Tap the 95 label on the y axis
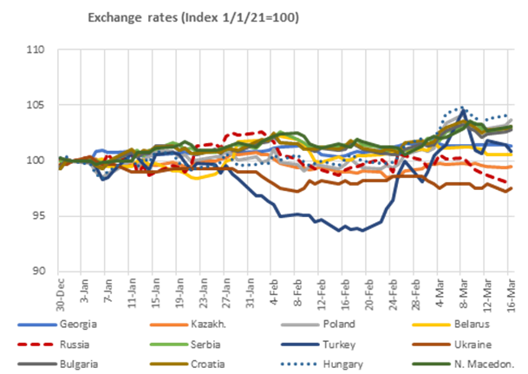click(x=38, y=215)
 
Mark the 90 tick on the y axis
click(x=38, y=271)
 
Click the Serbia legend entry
click(x=208, y=344)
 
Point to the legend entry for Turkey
click(x=338, y=344)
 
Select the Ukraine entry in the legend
click(x=468, y=344)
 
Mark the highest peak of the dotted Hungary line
click(x=463, y=109)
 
